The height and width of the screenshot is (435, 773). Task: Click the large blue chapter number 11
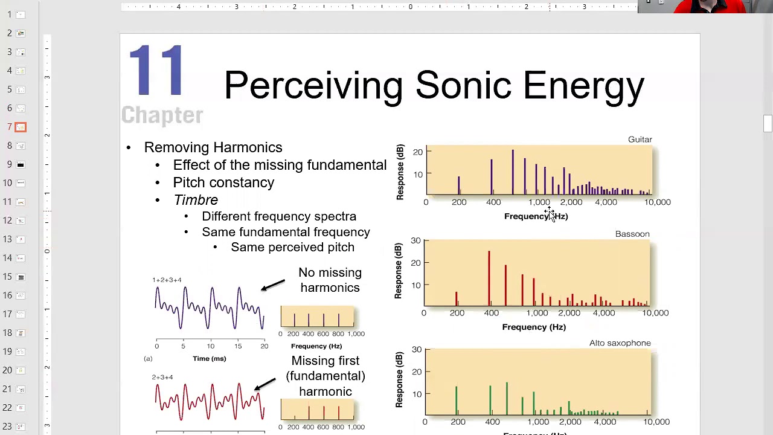coord(156,71)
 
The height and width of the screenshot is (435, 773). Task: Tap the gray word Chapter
coord(162,115)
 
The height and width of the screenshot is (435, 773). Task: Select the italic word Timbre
coord(196,200)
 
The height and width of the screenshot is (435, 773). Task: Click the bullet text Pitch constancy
coord(223,182)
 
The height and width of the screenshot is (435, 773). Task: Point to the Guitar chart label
coord(640,140)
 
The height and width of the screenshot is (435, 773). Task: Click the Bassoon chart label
coord(632,234)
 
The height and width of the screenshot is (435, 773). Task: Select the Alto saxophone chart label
coord(620,343)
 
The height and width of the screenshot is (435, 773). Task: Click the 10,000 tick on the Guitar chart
coord(657,202)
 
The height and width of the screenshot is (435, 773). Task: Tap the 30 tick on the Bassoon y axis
coord(415,240)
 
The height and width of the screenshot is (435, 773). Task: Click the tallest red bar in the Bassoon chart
coord(489,278)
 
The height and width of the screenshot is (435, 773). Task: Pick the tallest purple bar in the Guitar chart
coord(513,172)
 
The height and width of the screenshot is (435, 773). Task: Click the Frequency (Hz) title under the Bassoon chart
coord(534,327)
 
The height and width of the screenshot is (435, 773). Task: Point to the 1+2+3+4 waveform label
coord(167,280)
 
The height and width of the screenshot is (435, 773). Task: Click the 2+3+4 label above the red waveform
coord(162,377)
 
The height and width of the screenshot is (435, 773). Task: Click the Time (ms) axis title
coord(210,359)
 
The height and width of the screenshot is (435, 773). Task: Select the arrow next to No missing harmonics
coord(273,285)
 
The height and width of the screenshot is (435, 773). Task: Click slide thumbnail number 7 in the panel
coord(21,127)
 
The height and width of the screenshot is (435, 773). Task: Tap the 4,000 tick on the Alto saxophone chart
coord(605,422)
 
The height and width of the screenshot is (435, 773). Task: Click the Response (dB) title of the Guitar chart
coord(400,172)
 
